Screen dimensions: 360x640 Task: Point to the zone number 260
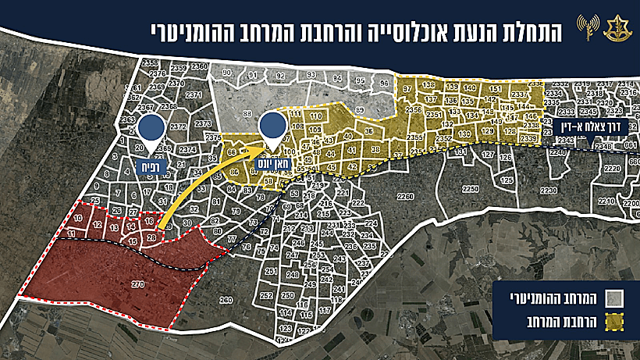(x=226, y=300)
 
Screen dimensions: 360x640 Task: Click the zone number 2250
(x=471, y=189)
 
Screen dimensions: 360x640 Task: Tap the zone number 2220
(x=613, y=167)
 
